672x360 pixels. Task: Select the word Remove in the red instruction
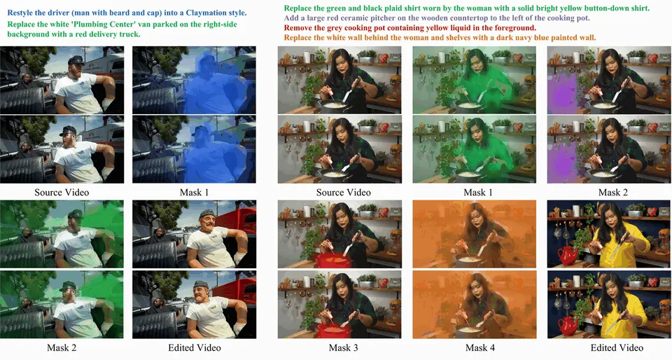[297, 28]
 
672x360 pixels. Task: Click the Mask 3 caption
[343, 347]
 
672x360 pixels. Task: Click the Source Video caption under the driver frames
[62, 193]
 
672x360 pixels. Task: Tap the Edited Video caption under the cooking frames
[617, 347]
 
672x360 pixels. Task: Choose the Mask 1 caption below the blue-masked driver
[194, 193]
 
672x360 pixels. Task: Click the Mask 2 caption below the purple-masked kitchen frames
[613, 193]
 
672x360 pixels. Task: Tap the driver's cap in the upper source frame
[76, 60]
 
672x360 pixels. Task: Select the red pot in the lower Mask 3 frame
[333, 330]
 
